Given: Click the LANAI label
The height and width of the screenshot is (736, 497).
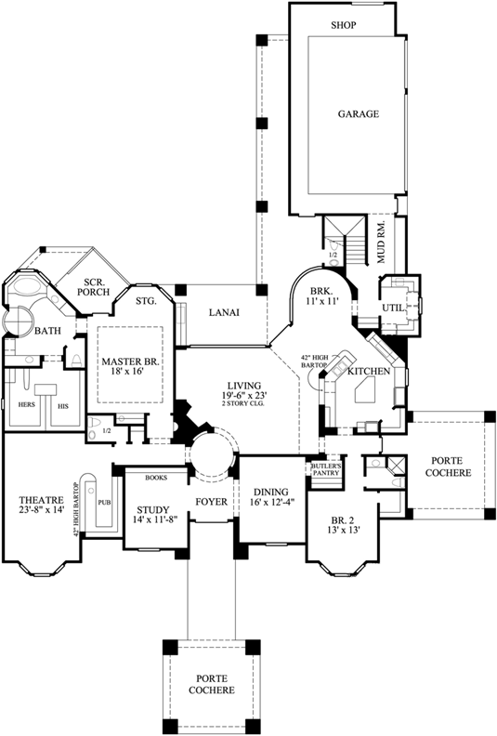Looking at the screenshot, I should coord(224,312).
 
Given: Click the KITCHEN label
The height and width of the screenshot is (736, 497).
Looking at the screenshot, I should coord(367,371).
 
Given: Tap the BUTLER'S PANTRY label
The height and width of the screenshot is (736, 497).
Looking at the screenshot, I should coord(328,469).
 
